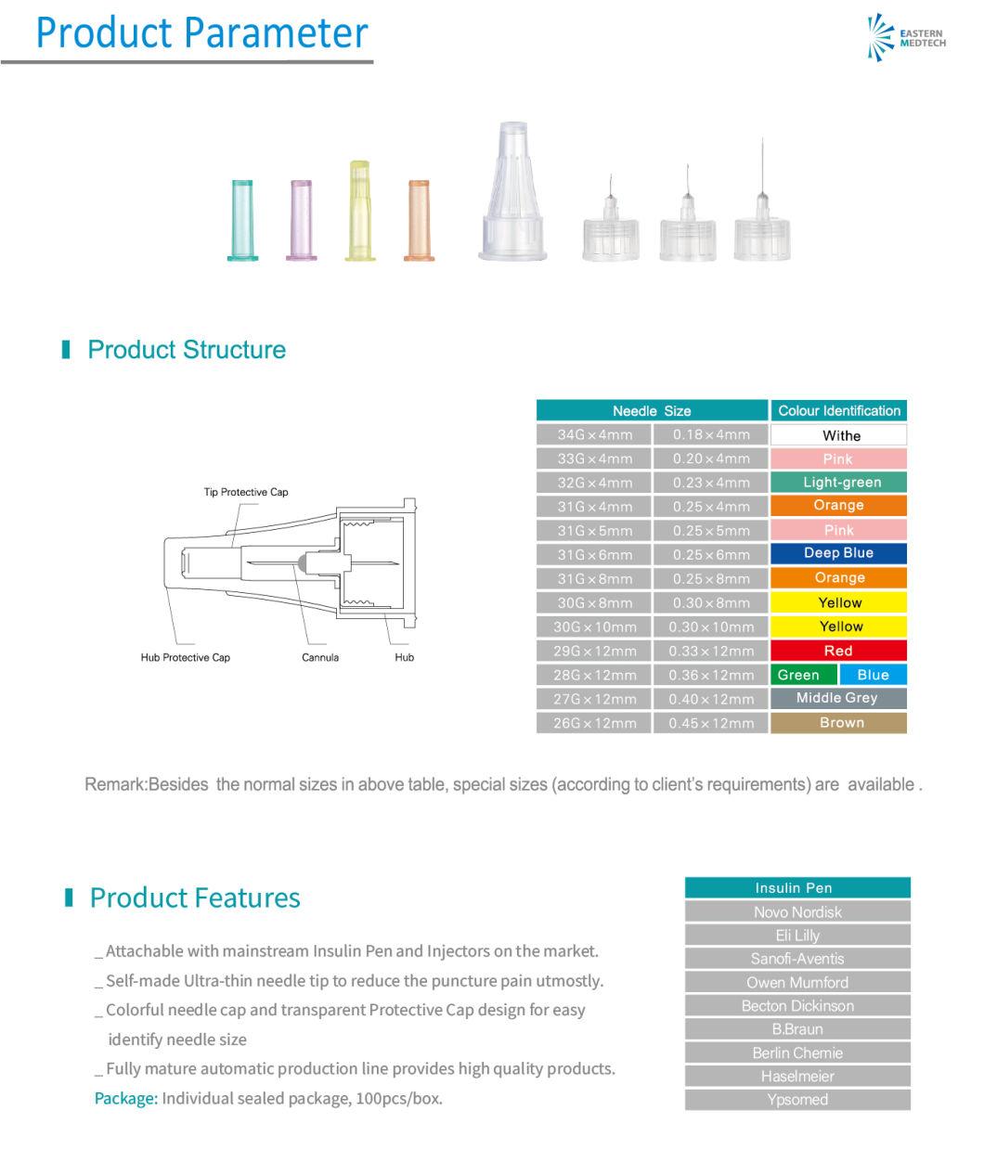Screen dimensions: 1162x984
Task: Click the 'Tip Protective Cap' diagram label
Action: coord(246,492)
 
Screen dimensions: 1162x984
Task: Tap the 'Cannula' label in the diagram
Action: coord(320,657)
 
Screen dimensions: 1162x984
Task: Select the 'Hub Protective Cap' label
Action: coord(185,657)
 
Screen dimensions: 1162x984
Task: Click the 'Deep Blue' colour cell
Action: coord(838,553)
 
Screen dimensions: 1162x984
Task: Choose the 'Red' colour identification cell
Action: coord(838,651)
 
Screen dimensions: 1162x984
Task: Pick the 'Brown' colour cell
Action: coord(838,722)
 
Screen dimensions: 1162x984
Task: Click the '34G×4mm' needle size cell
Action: coord(594,434)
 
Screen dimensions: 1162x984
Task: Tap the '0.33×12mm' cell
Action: coord(710,651)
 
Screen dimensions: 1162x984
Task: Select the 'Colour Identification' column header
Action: coord(838,410)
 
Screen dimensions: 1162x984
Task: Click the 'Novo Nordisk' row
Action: coord(797,911)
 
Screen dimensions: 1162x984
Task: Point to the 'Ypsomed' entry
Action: coord(797,1100)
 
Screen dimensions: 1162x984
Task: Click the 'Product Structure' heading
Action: coord(187,350)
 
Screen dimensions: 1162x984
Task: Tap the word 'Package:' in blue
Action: coord(126,1098)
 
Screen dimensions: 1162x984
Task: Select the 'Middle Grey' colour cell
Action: coord(838,698)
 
